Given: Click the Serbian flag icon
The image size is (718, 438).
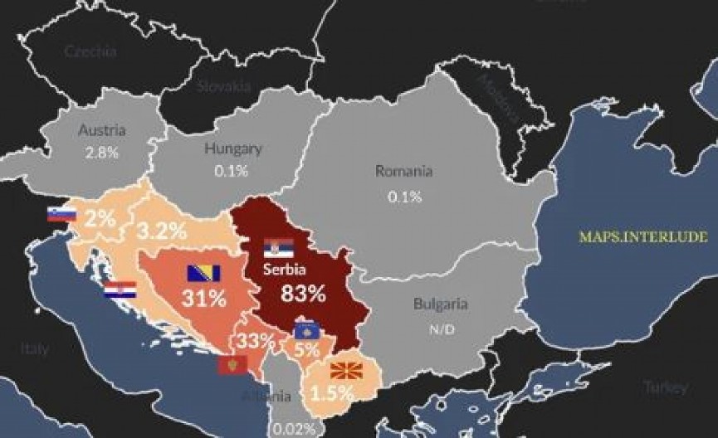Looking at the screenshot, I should [x=279, y=247].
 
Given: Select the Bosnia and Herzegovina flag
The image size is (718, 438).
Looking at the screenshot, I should [x=204, y=274].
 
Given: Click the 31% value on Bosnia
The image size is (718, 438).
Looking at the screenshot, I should [x=205, y=299].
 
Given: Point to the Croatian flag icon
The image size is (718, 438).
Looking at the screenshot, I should [x=120, y=290].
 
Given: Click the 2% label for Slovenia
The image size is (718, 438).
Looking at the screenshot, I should [x=99, y=220].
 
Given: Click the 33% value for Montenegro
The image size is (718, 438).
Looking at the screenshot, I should [x=256, y=341].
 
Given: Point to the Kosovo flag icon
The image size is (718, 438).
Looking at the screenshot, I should [x=310, y=332].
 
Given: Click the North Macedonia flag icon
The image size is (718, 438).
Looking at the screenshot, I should [x=344, y=371].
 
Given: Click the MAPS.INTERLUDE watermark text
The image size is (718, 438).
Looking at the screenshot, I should [x=643, y=236].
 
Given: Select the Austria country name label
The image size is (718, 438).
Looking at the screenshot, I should [x=101, y=130].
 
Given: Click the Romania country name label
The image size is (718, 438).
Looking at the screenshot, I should [x=403, y=172].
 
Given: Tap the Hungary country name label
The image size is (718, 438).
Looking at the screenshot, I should [x=232, y=149].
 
